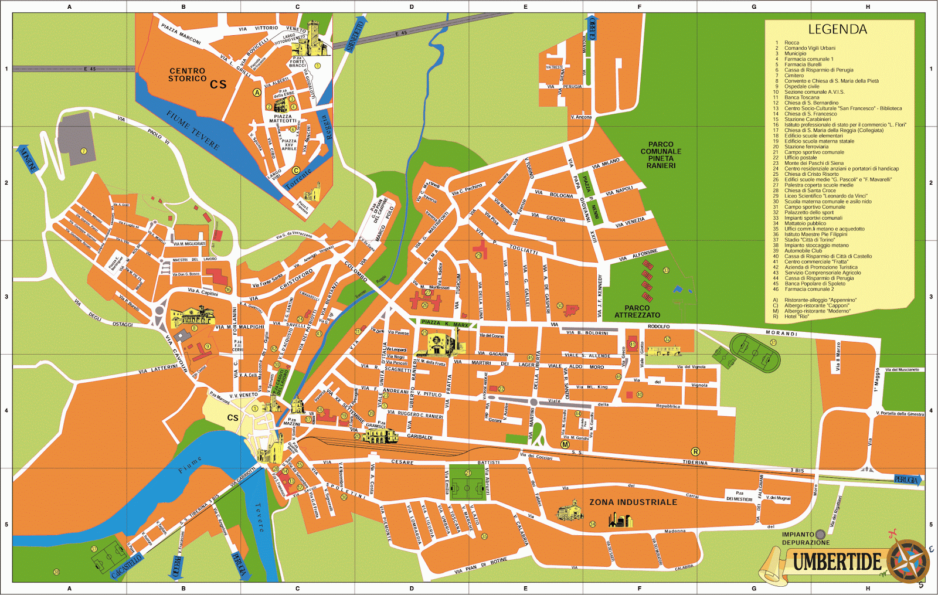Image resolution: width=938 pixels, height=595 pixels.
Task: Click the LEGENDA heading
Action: [837, 29]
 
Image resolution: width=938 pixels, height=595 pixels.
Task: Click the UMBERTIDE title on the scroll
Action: [837, 562]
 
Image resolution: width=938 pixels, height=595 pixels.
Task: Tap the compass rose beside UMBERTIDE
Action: [908, 561]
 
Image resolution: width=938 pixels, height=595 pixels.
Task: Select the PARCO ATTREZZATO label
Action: [637, 311]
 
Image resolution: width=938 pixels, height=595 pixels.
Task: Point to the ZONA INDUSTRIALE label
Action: [633, 502]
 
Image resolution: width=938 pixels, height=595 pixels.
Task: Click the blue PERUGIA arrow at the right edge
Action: [907, 480]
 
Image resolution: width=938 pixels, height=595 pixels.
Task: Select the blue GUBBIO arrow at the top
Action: [592, 28]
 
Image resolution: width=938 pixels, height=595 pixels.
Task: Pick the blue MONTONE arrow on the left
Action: [28, 159]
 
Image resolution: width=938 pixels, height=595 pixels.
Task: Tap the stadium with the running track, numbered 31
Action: [756, 353]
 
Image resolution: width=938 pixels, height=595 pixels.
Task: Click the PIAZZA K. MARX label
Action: [444, 324]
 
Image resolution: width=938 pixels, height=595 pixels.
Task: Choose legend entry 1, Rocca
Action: [791, 43]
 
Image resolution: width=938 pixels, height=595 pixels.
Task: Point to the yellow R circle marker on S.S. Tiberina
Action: [695, 451]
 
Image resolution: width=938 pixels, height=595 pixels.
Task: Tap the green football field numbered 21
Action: [467, 485]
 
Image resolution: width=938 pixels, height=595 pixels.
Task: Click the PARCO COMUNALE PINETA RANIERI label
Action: [661, 155]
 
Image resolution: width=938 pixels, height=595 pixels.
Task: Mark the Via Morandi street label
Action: [781, 333]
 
